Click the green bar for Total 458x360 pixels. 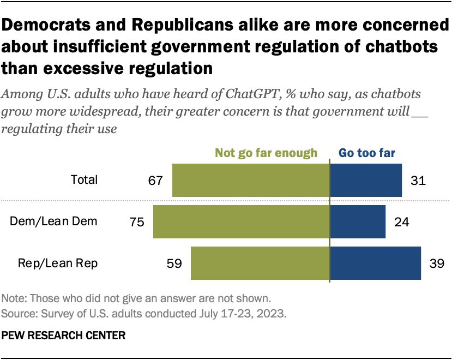(x=251, y=180)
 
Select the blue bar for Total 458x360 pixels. (x=366, y=180)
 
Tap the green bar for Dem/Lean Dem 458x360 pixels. (x=241, y=221)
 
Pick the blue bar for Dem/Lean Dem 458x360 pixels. (x=358, y=221)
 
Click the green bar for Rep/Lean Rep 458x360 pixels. (x=260, y=263)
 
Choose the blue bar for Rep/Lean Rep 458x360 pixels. (x=375, y=263)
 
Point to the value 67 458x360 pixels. (x=155, y=180)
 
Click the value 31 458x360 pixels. (x=418, y=180)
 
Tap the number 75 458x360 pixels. (x=136, y=221)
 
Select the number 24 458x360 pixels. (x=402, y=221)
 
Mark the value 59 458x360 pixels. (x=174, y=263)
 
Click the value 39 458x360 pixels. (x=437, y=263)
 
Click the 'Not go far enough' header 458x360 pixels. (x=266, y=153)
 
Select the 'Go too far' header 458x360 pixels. (x=367, y=153)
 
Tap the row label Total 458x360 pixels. (x=85, y=179)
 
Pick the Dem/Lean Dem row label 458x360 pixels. (x=54, y=221)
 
